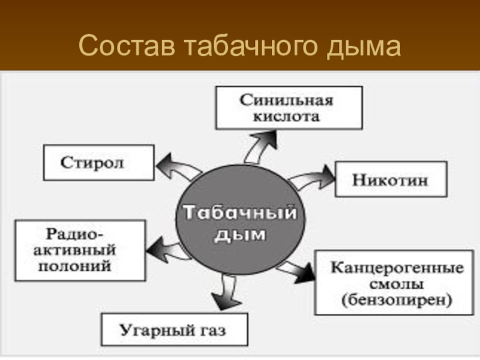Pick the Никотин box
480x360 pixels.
[x=390, y=179]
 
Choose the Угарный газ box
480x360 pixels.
[x=174, y=329]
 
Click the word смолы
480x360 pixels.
[x=397, y=283]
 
